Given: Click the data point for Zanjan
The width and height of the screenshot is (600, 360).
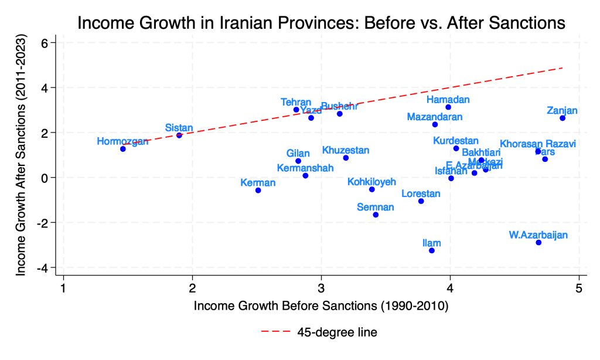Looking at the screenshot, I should coord(562,118).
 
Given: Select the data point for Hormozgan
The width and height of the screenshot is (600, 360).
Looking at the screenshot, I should coord(123,149).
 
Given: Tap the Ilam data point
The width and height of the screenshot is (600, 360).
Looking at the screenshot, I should coord(432,250).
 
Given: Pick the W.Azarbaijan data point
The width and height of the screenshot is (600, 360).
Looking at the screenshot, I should coord(538,242).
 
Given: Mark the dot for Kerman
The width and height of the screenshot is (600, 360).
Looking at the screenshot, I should coord(258,190).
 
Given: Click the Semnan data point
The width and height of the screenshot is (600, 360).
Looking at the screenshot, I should coord(376,215).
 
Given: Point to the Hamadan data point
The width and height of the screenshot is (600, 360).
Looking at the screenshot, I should coord(448,107).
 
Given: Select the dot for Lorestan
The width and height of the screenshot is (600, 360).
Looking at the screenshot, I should coord(421,201).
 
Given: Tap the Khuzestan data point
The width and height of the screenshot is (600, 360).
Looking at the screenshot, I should coord(346,158).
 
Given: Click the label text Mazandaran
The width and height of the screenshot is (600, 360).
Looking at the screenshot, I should coord(435,117).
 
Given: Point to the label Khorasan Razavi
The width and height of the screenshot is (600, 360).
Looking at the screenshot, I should coord(538,144).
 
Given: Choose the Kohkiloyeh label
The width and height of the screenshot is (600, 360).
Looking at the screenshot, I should coord(371,181).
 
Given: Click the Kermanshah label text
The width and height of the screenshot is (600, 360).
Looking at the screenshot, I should coord(305,168).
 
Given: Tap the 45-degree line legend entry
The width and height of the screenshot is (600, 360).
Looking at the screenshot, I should coord(319,332).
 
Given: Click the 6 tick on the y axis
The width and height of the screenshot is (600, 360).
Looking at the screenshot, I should coord(52,43).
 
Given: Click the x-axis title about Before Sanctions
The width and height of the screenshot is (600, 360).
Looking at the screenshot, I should coord(321,305).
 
